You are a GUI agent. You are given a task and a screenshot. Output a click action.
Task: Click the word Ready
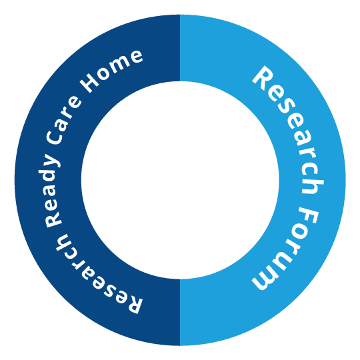[x=53, y=191]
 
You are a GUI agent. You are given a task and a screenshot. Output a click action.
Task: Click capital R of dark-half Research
[x=133, y=304]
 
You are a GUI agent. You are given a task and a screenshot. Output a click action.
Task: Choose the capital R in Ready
[x=53, y=220]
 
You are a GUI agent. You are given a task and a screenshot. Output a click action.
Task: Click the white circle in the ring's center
[x=180, y=180]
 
